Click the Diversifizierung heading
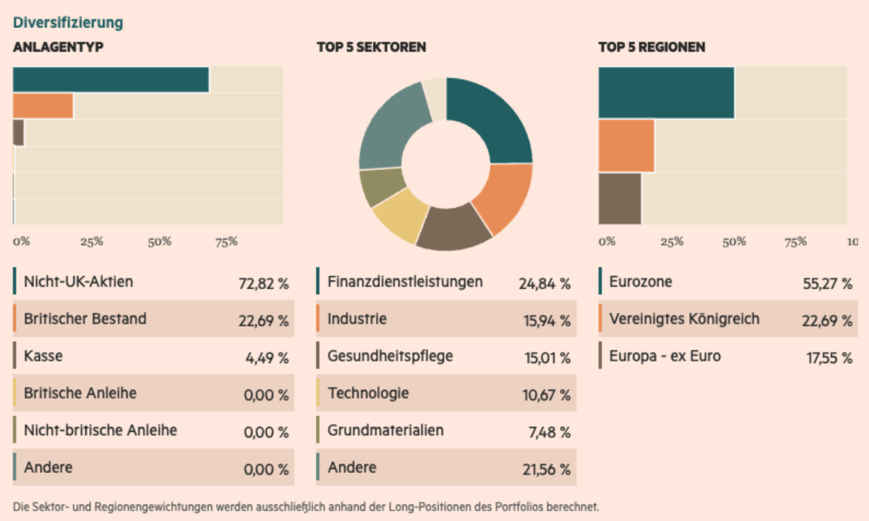pyautogui.click(x=68, y=23)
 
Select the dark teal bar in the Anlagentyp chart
pyautogui.click(x=111, y=80)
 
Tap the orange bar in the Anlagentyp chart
pyautogui.click(x=43, y=106)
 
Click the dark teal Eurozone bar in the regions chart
pyautogui.click(x=666, y=93)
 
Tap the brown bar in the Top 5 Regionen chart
pyautogui.click(x=620, y=199)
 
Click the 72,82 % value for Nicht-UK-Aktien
pyautogui.click(x=263, y=283)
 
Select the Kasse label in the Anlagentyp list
pyautogui.click(x=44, y=355)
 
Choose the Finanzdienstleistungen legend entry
pyautogui.click(x=405, y=281)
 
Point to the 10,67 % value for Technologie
pyautogui.click(x=546, y=395)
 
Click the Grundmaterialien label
pyautogui.click(x=386, y=430)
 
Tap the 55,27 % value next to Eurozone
pyautogui.click(x=827, y=283)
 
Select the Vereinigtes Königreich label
pyautogui.click(x=684, y=319)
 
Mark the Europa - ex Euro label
pyautogui.click(x=666, y=356)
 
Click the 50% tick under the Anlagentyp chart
pyautogui.click(x=160, y=242)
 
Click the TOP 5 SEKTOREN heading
pyautogui.click(x=371, y=47)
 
